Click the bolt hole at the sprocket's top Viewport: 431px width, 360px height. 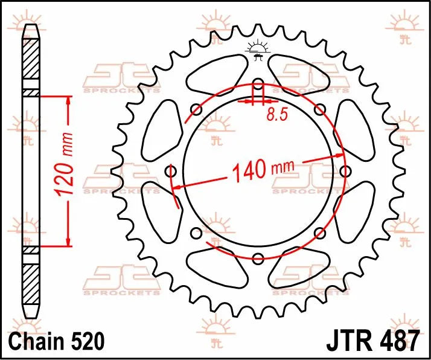258,83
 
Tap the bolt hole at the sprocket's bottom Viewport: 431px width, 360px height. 258,259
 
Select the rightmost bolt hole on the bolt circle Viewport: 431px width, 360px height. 345,172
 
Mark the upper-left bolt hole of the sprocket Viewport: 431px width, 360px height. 196,109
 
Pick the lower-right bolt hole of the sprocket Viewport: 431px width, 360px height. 320,233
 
